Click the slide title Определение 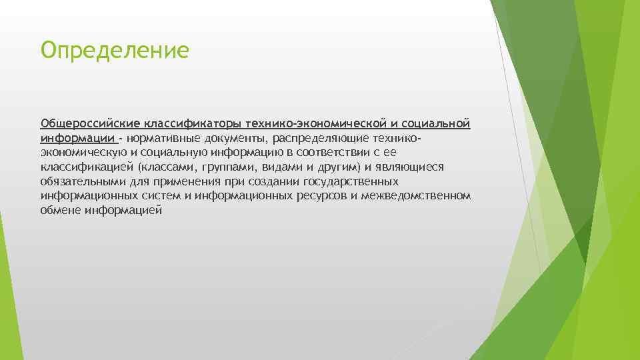[115, 50]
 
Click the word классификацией [87, 167]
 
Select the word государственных [351, 182]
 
